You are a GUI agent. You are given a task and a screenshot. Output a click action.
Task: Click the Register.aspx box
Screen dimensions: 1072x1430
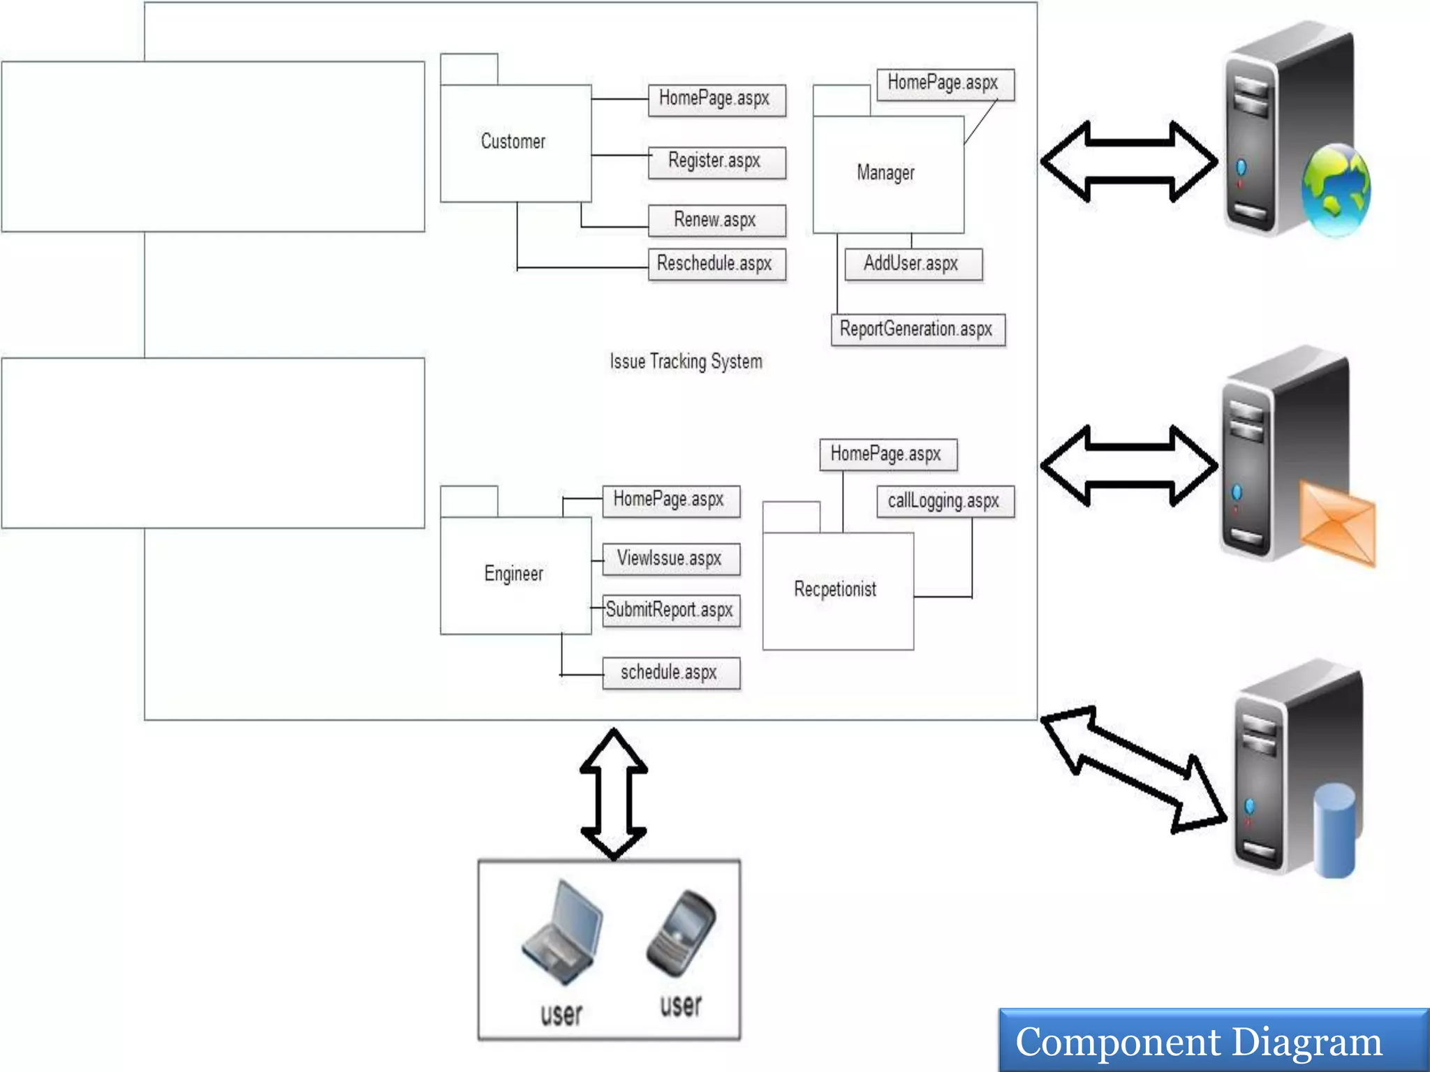coord(716,162)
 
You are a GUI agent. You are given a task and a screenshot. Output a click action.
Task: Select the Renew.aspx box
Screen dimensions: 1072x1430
coord(716,221)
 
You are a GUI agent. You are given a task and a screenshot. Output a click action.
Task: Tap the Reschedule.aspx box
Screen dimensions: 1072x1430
coord(716,265)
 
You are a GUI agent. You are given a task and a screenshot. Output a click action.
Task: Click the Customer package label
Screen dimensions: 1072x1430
coord(513,142)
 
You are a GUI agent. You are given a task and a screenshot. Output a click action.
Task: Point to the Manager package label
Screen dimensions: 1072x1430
coord(885,172)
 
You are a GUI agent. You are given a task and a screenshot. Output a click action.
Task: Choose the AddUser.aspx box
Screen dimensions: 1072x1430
coord(913,264)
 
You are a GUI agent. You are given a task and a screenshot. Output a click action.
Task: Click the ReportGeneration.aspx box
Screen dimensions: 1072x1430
coord(917,329)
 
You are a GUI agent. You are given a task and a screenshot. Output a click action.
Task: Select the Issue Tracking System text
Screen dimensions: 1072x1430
coord(686,362)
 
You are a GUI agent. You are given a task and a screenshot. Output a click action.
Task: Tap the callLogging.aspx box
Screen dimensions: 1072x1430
coord(945,501)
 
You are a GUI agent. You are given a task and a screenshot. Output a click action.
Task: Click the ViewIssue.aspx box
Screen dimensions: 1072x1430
coord(670,559)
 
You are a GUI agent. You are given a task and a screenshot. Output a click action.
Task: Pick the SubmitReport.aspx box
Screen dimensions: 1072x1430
coord(670,611)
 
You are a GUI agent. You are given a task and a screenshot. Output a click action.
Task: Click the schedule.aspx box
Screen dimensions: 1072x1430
coord(670,673)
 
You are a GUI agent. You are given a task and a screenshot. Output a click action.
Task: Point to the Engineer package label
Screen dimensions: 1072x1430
coord(514,574)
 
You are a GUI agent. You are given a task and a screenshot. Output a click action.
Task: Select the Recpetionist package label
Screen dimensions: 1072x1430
coord(835,590)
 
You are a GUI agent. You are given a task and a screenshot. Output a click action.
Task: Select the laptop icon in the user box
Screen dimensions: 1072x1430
coord(563,932)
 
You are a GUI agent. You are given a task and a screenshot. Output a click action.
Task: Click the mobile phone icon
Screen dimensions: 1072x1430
coord(681,933)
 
